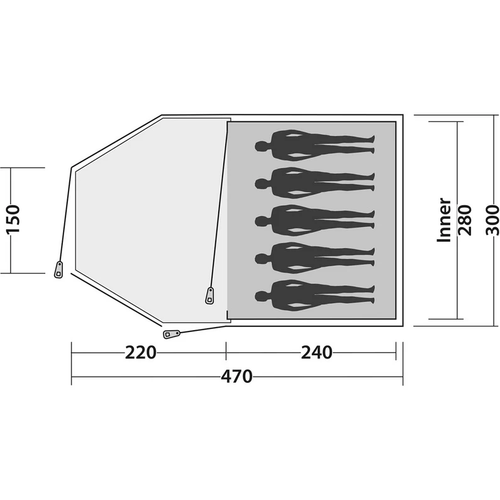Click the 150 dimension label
pyautogui.click(x=13, y=219)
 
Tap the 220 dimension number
pyautogui.click(x=141, y=353)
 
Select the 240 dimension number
pyautogui.click(x=316, y=353)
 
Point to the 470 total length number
pyautogui.click(x=236, y=377)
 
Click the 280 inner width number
pyautogui.click(x=465, y=220)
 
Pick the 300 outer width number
pyautogui.click(x=492, y=220)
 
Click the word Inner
pyautogui.click(x=445, y=220)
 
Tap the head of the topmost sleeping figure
pyautogui.click(x=262, y=147)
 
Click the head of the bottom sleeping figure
pyautogui.click(x=262, y=296)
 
